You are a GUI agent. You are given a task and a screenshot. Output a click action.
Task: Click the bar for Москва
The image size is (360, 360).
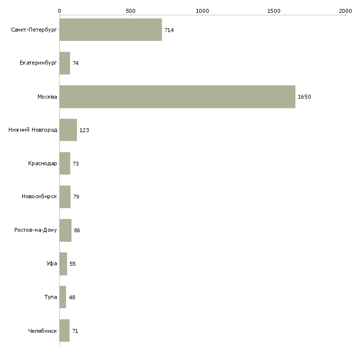click(178, 97)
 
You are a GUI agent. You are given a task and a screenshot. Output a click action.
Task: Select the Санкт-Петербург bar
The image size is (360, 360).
click(110, 30)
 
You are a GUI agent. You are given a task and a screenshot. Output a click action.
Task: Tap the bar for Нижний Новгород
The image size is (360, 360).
click(68, 130)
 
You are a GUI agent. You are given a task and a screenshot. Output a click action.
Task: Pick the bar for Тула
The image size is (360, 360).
click(63, 297)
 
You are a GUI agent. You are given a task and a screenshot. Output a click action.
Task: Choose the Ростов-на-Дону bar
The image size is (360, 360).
click(66, 230)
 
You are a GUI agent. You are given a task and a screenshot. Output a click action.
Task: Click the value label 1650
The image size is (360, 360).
click(304, 97)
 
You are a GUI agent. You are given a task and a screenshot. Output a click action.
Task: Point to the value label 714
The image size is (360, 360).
click(169, 30)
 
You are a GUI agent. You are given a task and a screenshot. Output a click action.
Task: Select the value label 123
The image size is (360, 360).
click(84, 130)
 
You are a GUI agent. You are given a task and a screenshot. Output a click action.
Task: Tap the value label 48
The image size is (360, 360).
click(72, 297)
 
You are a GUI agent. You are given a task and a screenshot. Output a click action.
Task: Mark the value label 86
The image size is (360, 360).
click(77, 230)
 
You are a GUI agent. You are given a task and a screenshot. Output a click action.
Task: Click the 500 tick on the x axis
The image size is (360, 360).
click(131, 10)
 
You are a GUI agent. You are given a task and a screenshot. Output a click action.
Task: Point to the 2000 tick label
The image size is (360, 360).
click(345, 10)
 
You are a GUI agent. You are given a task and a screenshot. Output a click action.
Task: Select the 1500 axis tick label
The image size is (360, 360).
click(274, 10)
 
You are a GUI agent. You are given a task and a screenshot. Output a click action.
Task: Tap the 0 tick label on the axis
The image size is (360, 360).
click(59, 10)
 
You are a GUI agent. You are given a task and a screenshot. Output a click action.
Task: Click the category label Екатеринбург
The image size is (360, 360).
click(38, 63)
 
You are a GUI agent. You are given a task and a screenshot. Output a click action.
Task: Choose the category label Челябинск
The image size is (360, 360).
click(43, 331)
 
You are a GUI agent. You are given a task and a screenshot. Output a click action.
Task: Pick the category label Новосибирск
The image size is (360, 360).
click(39, 197)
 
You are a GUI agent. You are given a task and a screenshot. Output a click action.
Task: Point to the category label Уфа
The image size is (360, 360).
click(52, 264)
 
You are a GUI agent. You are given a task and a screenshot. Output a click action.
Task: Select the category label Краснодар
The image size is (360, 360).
click(43, 163)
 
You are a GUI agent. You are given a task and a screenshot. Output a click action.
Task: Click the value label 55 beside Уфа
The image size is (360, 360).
click(72, 264)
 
